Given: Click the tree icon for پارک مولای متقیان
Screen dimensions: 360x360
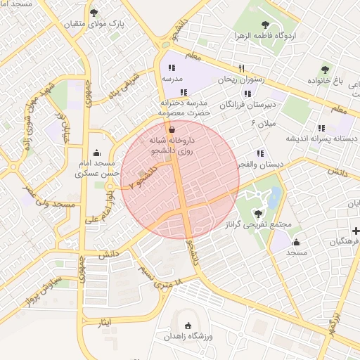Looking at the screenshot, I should tap(94, 13).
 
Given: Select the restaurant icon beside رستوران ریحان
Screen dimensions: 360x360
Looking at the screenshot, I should tap(242, 68).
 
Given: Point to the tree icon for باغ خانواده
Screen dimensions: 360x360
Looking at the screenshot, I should tap(324, 69).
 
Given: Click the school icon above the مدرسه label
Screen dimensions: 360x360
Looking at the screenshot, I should tap(171, 68).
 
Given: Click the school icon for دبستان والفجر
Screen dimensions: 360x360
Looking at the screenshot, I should tap(261, 153).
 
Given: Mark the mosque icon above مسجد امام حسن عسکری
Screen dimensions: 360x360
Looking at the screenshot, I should tap(96, 153).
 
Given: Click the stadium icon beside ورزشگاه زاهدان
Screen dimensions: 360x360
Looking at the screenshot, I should tap(187, 326).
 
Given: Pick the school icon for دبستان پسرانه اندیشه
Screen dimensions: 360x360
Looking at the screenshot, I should tap(321, 129).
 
